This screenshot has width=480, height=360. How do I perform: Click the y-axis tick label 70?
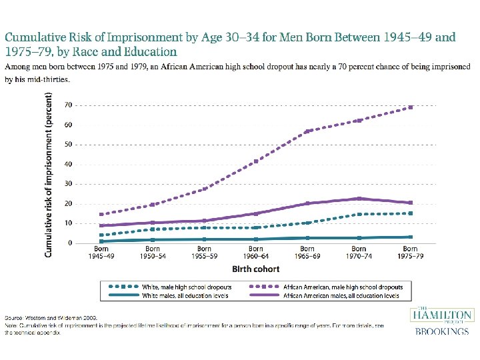click(68, 105)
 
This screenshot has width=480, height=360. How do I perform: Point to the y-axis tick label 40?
click(68, 164)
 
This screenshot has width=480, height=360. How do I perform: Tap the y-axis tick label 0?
click(70, 243)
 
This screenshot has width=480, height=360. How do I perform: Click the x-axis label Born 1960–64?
click(255, 253)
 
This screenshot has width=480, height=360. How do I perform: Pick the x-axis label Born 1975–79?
click(410, 253)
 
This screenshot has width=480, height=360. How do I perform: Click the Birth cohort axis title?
click(255, 269)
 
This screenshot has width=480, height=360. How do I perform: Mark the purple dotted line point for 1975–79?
click(410, 107)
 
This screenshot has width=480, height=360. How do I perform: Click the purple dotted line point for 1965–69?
click(307, 131)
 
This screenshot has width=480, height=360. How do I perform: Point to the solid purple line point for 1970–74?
click(359, 199)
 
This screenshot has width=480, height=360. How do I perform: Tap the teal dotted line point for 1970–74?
click(359, 214)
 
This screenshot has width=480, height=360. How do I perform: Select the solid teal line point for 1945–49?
click(101, 241)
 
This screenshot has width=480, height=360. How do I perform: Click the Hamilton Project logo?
click(441, 315)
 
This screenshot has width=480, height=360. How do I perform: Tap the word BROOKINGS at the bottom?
click(441, 331)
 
